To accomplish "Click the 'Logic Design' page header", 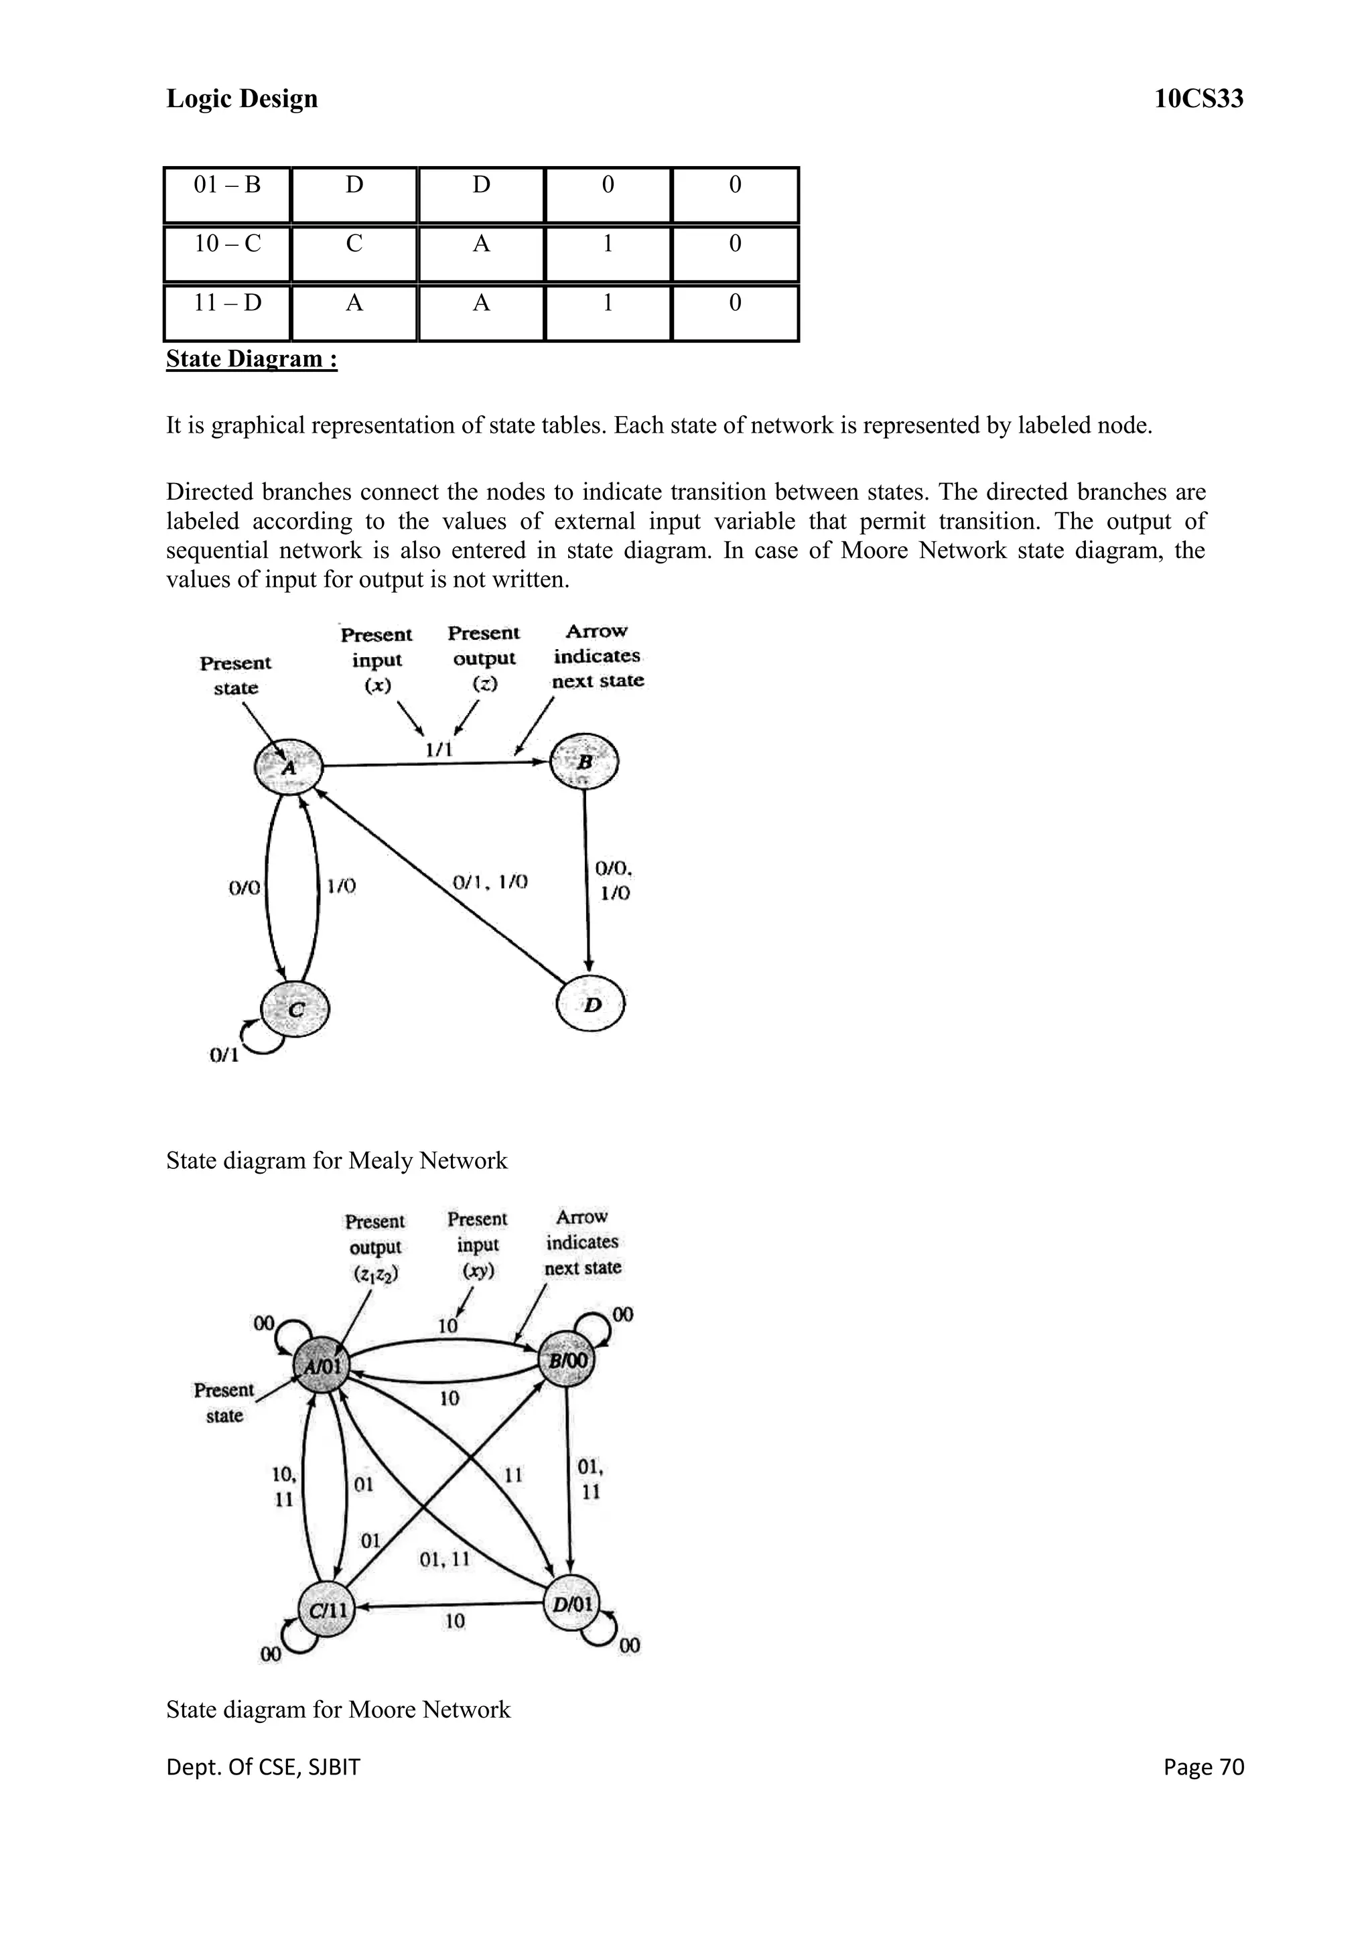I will click(x=242, y=99).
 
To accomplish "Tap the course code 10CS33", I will click(x=1198, y=99).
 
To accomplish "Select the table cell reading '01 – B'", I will click(x=227, y=185).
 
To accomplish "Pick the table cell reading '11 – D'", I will click(x=227, y=303).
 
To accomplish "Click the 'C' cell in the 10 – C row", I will click(x=354, y=245).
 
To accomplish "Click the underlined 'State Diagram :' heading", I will click(x=252, y=359).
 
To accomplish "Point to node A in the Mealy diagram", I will click(x=289, y=767).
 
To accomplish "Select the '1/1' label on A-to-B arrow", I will click(x=439, y=749).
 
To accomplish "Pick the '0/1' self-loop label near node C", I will click(x=224, y=1055).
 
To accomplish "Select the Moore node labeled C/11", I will click(x=327, y=1610).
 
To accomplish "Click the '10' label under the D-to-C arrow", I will click(x=454, y=1620).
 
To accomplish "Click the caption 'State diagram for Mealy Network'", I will click(x=336, y=1160).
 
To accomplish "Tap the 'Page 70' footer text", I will click(x=1203, y=1766).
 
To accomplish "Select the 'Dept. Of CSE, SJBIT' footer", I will click(x=263, y=1766).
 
